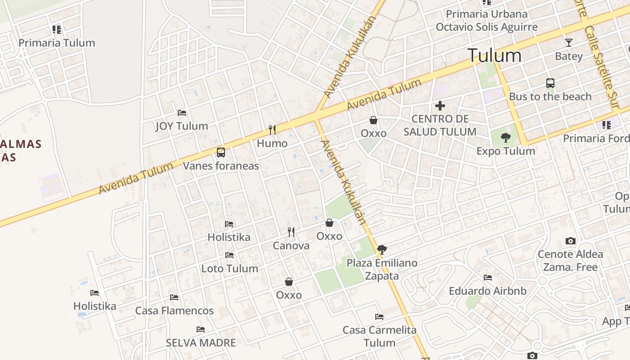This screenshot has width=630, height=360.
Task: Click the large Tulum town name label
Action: [495, 55]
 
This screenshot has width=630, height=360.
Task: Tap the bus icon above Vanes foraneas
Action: [220, 153]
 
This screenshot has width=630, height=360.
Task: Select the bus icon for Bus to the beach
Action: [550, 83]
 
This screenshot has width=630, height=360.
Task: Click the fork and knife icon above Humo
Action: [272, 130]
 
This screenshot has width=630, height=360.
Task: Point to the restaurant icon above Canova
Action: [291, 232]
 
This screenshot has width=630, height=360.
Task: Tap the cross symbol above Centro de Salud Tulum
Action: [440, 106]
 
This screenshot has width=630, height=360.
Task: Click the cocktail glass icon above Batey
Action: [569, 43]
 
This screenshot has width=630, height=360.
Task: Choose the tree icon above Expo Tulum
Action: [506, 138]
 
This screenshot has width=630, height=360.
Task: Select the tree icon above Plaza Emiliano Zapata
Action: [382, 249]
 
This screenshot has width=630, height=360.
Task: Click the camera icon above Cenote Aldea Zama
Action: [571, 241]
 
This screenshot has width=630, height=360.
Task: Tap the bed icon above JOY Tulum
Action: [182, 112]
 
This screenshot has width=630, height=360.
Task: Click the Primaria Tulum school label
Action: [57, 43]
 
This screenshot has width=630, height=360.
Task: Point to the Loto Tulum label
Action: [229, 269]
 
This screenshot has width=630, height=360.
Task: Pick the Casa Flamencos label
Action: [174, 310]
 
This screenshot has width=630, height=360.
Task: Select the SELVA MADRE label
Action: [201, 343]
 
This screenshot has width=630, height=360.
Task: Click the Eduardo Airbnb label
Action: [487, 291]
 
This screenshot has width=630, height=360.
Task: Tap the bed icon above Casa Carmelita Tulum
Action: [379, 317]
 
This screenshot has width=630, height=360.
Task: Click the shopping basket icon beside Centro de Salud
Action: [373, 120]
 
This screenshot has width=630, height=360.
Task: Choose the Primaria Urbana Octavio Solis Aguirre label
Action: [486, 20]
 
